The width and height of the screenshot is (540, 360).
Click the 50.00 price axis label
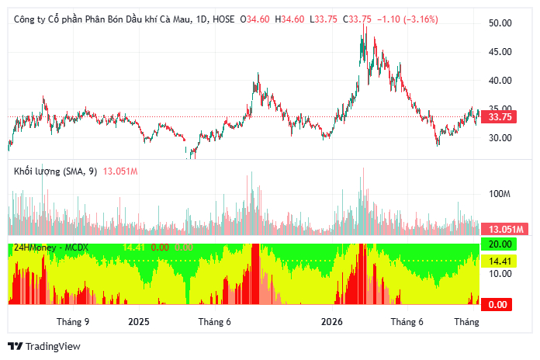(x=500, y=23)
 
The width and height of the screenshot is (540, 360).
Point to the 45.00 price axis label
(x=500, y=52)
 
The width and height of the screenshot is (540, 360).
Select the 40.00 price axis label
(x=500, y=80)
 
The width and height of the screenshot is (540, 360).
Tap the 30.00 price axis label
(x=500, y=138)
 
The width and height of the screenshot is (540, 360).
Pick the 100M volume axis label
(x=500, y=194)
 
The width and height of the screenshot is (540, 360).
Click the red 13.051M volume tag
(x=504, y=229)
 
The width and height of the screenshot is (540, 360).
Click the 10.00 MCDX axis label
(x=500, y=274)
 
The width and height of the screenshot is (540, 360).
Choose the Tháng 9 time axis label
(x=73, y=322)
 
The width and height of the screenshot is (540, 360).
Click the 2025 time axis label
(x=139, y=322)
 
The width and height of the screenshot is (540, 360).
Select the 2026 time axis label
(x=332, y=322)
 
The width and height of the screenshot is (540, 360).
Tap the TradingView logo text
(x=53, y=346)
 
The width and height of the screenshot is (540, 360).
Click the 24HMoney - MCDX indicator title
(x=51, y=247)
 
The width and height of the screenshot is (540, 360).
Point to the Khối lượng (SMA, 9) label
(x=55, y=171)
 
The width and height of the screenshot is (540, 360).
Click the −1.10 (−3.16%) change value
(x=407, y=19)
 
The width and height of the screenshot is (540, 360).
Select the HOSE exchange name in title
(x=223, y=19)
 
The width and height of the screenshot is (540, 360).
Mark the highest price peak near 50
(x=363, y=25)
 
